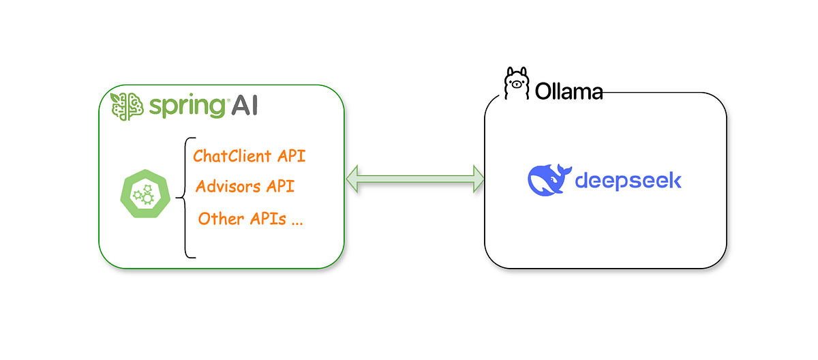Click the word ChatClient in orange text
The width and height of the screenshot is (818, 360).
pos(232,155)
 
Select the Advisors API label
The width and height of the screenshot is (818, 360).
pos(245,187)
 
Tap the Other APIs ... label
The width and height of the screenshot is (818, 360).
pos(251,219)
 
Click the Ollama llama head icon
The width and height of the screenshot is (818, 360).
pos(516,85)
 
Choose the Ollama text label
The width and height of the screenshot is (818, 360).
pos(569,91)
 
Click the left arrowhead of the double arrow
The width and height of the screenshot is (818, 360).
pos(354,179)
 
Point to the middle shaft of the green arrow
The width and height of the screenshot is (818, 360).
pos(415,179)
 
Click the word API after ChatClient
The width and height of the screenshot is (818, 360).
pos(292,155)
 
